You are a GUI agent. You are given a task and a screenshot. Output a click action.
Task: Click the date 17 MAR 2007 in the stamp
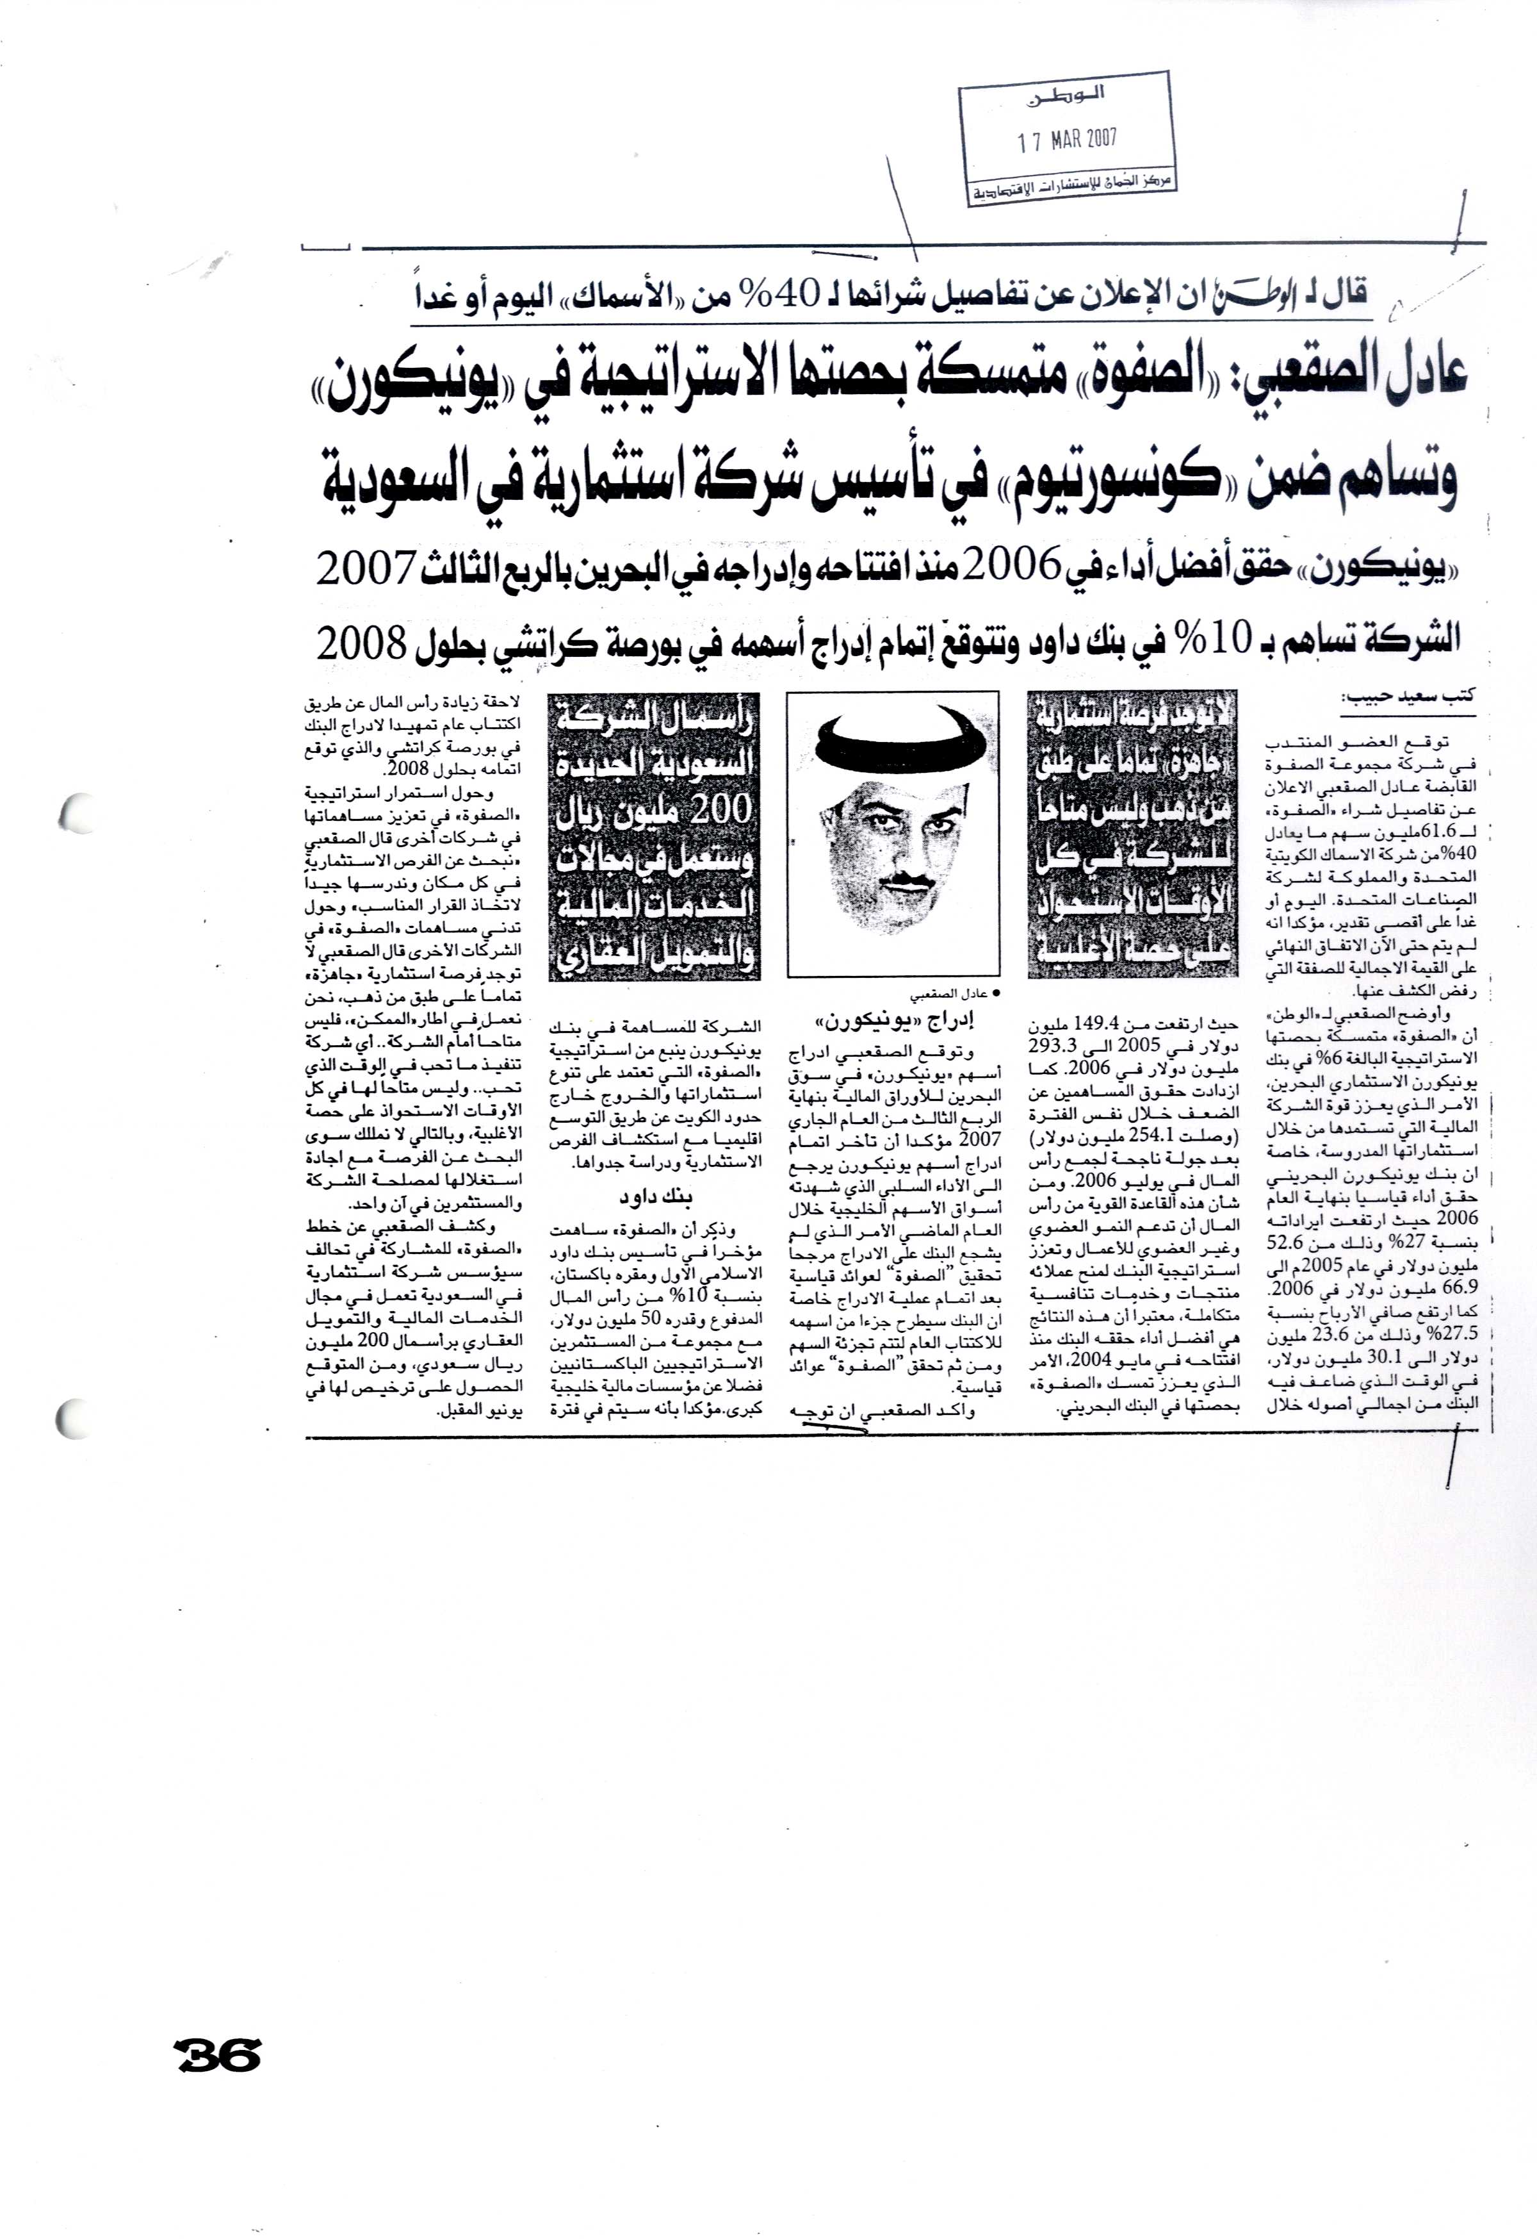1067,140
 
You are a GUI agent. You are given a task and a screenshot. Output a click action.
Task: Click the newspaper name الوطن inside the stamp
1068,94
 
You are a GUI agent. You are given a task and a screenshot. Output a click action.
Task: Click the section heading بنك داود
655,1198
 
